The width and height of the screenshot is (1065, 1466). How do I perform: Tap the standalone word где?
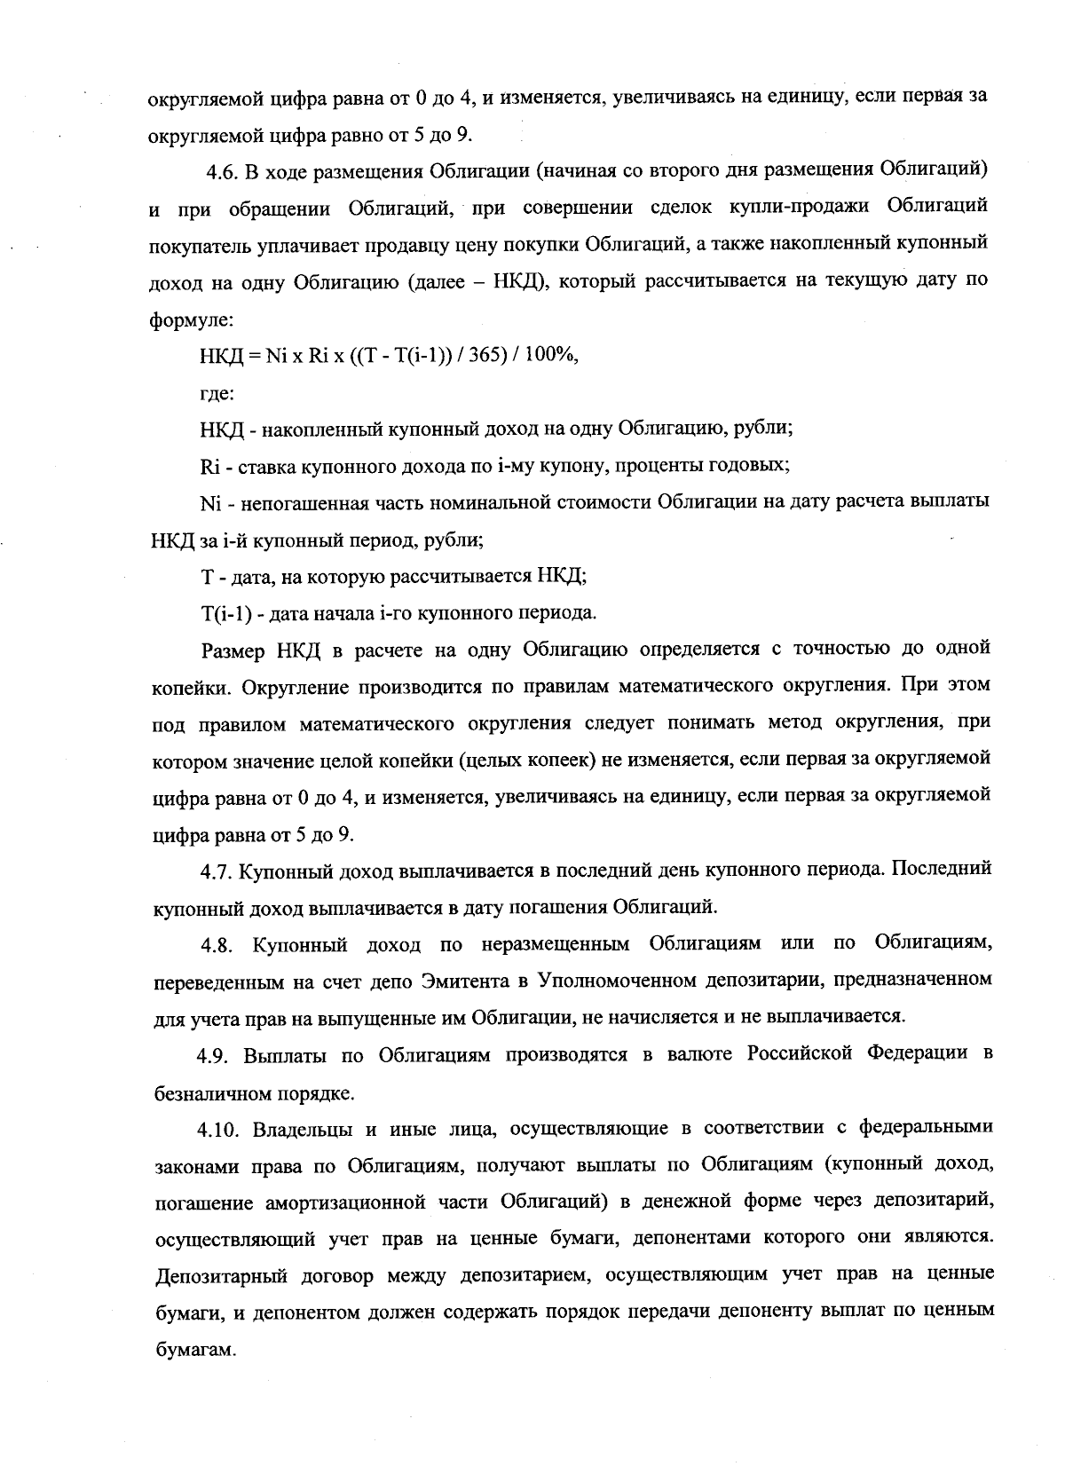[217, 391]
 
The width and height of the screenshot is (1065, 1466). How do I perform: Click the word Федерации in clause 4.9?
[918, 1054]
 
